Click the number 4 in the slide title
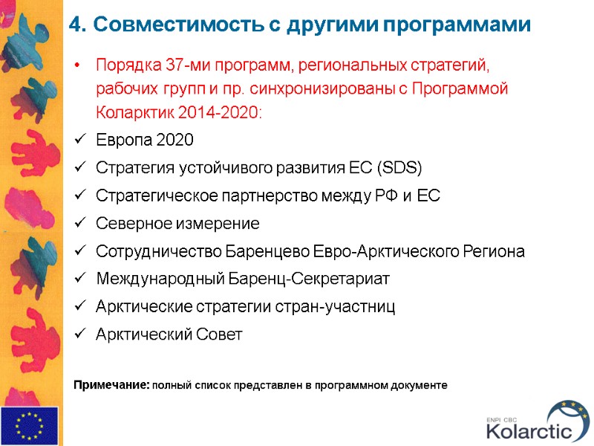coord(74,25)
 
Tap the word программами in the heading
coord(456,25)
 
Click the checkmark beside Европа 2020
coord(79,141)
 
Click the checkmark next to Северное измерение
coord(79,224)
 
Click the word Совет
coord(219,334)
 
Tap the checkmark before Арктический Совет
coord(79,334)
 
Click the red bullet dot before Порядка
coord(79,65)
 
